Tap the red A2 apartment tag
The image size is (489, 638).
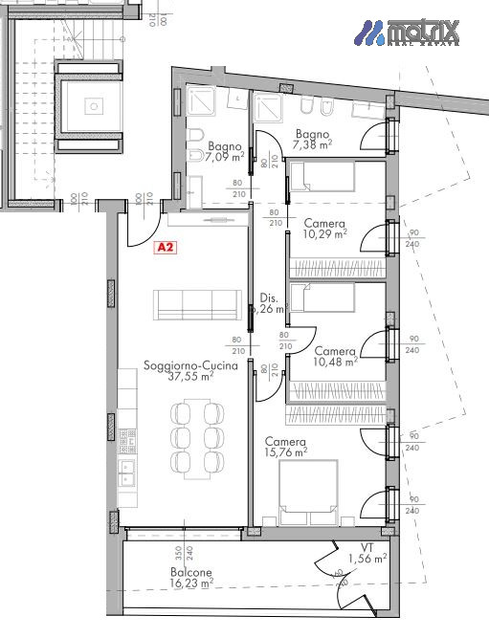(166, 247)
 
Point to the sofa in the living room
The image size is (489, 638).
(199, 305)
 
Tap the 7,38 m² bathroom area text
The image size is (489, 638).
(312, 145)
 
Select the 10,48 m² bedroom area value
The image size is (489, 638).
(335, 362)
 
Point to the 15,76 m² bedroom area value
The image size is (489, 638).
(286, 451)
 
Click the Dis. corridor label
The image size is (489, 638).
(268, 297)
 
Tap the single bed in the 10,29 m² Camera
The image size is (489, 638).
(322, 177)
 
